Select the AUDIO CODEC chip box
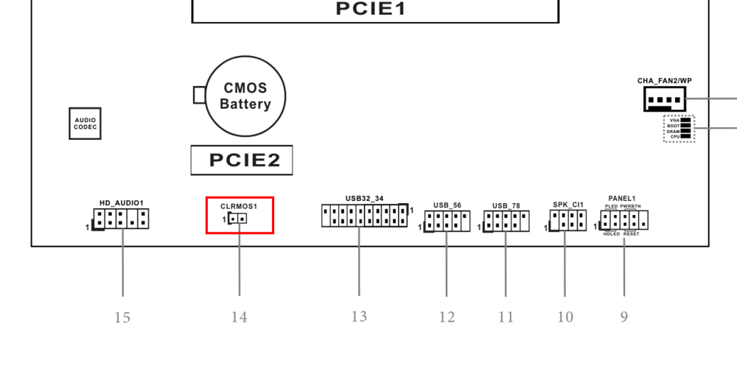(x=85, y=124)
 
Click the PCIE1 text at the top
(x=371, y=8)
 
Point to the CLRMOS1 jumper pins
(x=238, y=219)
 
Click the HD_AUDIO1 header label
(x=122, y=202)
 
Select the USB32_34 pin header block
(x=365, y=216)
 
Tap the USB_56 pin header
(x=447, y=221)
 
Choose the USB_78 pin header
(x=506, y=221)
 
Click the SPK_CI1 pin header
(x=567, y=220)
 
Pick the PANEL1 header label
(x=622, y=199)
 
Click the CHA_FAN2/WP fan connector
(x=665, y=99)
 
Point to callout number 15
(x=122, y=318)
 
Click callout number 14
(x=239, y=317)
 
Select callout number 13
(x=359, y=316)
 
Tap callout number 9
(x=624, y=317)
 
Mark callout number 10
(x=565, y=318)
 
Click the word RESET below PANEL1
(x=632, y=234)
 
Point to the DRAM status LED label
(x=673, y=132)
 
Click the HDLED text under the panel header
(x=612, y=234)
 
